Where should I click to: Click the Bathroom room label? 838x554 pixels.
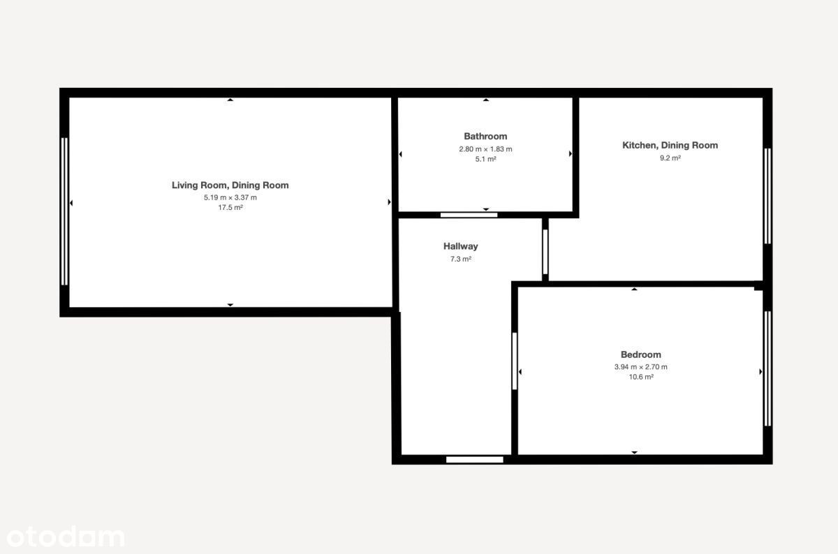(x=485, y=136)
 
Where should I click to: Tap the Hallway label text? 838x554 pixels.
(x=460, y=246)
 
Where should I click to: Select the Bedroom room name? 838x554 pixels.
(x=641, y=354)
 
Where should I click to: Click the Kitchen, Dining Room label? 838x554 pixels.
(x=670, y=145)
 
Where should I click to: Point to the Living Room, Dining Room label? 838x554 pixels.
(x=230, y=185)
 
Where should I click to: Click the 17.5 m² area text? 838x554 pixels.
(x=230, y=207)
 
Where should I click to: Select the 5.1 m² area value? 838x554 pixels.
(x=485, y=159)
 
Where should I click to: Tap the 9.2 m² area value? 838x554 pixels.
(x=670, y=158)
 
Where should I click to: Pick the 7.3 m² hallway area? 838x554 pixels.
(x=460, y=259)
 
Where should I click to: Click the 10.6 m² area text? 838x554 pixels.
(x=641, y=377)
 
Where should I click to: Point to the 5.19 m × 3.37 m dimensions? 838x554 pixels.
(x=230, y=197)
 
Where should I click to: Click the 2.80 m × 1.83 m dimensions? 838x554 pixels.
(x=485, y=149)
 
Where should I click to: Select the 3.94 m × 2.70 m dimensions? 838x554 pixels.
(x=641, y=367)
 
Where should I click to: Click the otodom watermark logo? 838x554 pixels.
(x=66, y=537)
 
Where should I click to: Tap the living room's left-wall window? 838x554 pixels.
(x=64, y=211)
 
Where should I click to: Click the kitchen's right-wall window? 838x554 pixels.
(x=767, y=196)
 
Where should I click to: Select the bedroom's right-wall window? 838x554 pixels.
(x=767, y=368)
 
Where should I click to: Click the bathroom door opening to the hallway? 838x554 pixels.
(x=469, y=215)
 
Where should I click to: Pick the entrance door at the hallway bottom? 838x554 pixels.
(x=475, y=459)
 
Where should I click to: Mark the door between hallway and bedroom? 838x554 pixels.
(x=515, y=361)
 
